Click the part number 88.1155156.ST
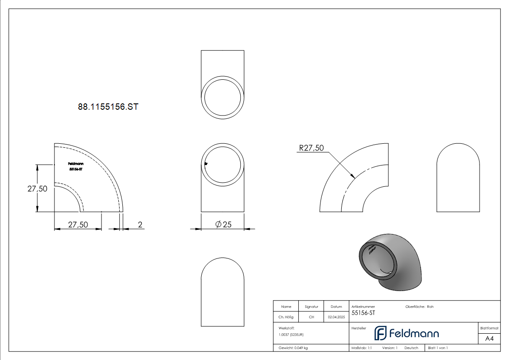(108, 107)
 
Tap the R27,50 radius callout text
(311, 148)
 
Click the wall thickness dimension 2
(140, 224)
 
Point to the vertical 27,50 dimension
(37, 189)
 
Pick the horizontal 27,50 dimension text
(78, 224)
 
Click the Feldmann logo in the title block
(407, 333)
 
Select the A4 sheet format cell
(489, 339)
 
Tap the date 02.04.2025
(336, 317)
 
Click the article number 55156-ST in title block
(363, 313)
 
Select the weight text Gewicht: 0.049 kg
(293, 348)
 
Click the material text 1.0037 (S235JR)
(291, 335)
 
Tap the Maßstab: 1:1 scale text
(361, 348)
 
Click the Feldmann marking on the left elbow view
(75, 166)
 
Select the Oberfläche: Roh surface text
(419, 306)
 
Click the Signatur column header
(311, 306)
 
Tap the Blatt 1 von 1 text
(437, 348)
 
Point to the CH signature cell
(311, 317)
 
